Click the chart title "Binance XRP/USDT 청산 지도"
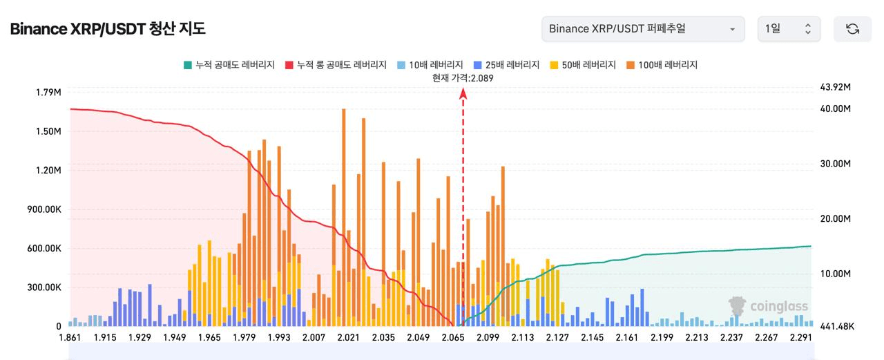(x=108, y=29)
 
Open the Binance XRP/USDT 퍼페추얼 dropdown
(x=643, y=29)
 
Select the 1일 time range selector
(x=789, y=29)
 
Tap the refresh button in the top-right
(x=852, y=29)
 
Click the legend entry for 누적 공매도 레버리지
(x=229, y=65)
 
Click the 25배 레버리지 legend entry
(x=506, y=65)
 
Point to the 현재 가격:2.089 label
(x=463, y=78)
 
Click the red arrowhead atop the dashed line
(x=463, y=94)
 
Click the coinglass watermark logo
(x=768, y=306)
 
